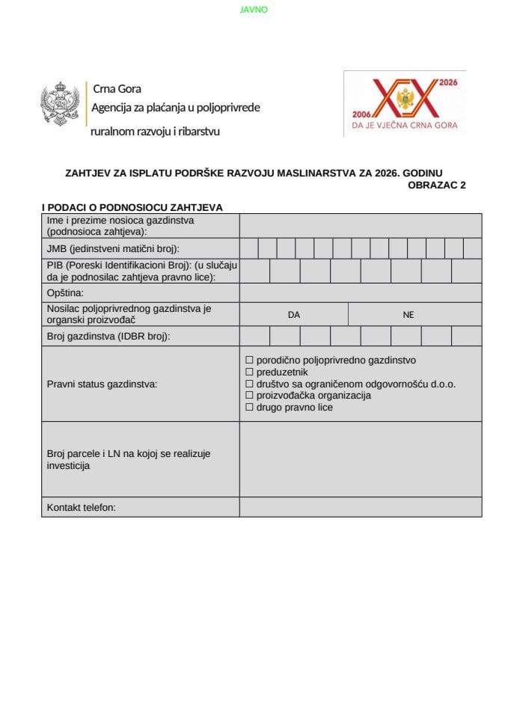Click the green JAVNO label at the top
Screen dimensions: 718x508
(254, 10)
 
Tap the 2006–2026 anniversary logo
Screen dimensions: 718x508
(405, 103)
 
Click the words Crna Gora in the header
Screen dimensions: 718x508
(116, 89)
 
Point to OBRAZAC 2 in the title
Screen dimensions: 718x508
(437, 185)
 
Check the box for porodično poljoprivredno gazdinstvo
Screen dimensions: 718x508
(250, 360)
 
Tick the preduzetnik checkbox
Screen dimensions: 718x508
(250, 372)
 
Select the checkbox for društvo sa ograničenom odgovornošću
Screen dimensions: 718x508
(250, 384)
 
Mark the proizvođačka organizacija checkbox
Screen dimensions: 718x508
(250, 396)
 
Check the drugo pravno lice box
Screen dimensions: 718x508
(250, 408)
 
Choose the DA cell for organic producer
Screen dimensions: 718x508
(294, 315)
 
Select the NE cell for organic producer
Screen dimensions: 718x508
(408, 315)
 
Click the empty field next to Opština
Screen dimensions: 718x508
(361, 292)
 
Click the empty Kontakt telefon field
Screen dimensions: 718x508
(361, 507)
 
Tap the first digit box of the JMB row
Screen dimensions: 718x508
(249, 248)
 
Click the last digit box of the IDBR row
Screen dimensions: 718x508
(467, 337)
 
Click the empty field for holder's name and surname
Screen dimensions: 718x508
(361, 225)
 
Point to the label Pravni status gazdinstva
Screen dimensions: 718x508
(102, 384)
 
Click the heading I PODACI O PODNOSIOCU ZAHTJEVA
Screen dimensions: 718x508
(132, 207)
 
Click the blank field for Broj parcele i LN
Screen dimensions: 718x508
(361, 459)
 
